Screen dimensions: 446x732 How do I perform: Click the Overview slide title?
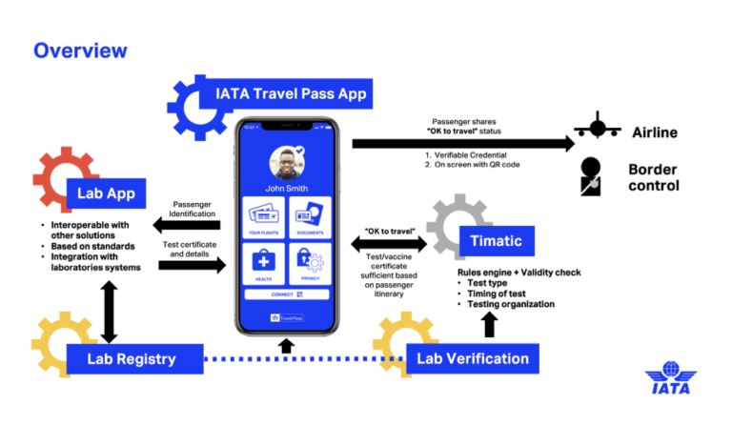tap(80, 50)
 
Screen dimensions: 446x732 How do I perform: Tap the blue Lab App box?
tap(106, 194)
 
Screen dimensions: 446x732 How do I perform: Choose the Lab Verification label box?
tap(473, 358)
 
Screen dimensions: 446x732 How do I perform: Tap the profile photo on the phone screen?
tap(287, 164)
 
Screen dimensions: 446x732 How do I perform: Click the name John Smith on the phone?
tap(287, 188)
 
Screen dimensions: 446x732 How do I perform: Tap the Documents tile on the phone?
tap(309, 216)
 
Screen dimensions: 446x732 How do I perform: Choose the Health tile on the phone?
tap(264, 263)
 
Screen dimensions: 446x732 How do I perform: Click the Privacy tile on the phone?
tap(309, 263)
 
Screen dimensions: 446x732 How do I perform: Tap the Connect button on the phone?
tap(287, 294)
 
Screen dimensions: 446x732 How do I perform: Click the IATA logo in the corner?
tap(671, 377)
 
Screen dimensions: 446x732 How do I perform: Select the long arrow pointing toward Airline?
tap(462, 143)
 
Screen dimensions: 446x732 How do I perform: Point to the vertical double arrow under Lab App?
tap(109, 310)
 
